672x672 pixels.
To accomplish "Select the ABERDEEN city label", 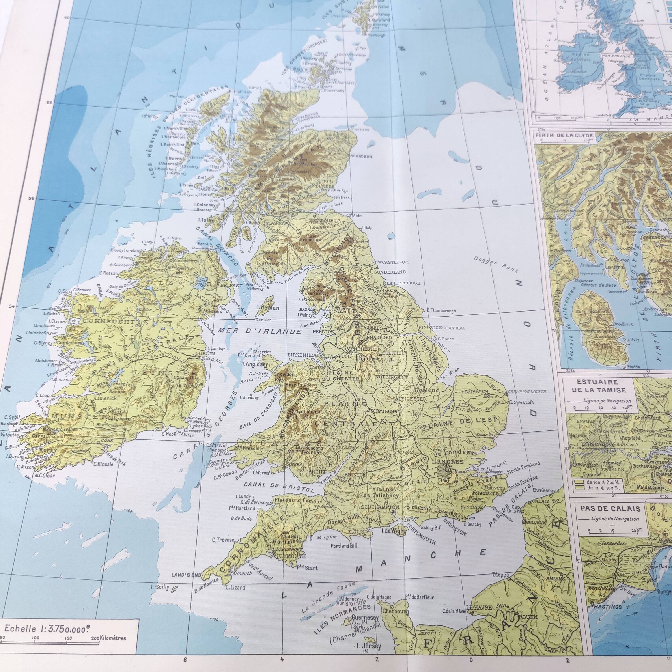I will (x=362, y=157).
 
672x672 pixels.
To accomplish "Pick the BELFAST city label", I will (x=231, y=285).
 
